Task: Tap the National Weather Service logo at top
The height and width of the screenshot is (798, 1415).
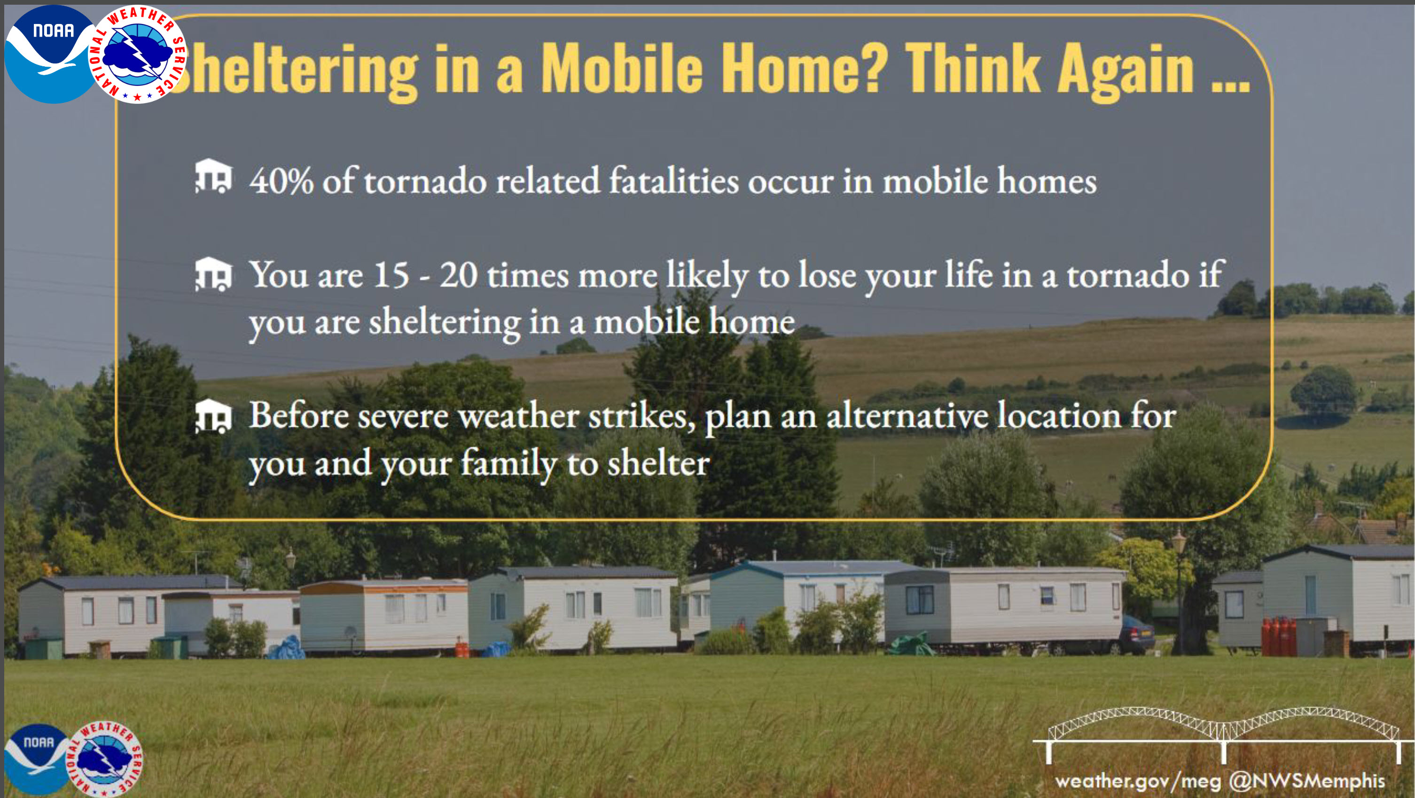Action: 138,54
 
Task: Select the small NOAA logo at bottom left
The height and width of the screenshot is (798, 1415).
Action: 37,759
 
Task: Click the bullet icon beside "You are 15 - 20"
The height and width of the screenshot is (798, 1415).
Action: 214,274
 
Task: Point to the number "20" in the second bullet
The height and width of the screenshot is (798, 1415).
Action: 459,274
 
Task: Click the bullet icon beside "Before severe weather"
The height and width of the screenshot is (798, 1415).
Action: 214,417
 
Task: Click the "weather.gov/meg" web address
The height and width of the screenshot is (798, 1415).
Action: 1138,781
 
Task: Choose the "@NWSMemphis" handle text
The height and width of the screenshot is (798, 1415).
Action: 1307,781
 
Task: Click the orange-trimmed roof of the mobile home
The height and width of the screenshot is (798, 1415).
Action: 384,587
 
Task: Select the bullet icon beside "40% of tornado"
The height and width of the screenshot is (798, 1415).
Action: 214,176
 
